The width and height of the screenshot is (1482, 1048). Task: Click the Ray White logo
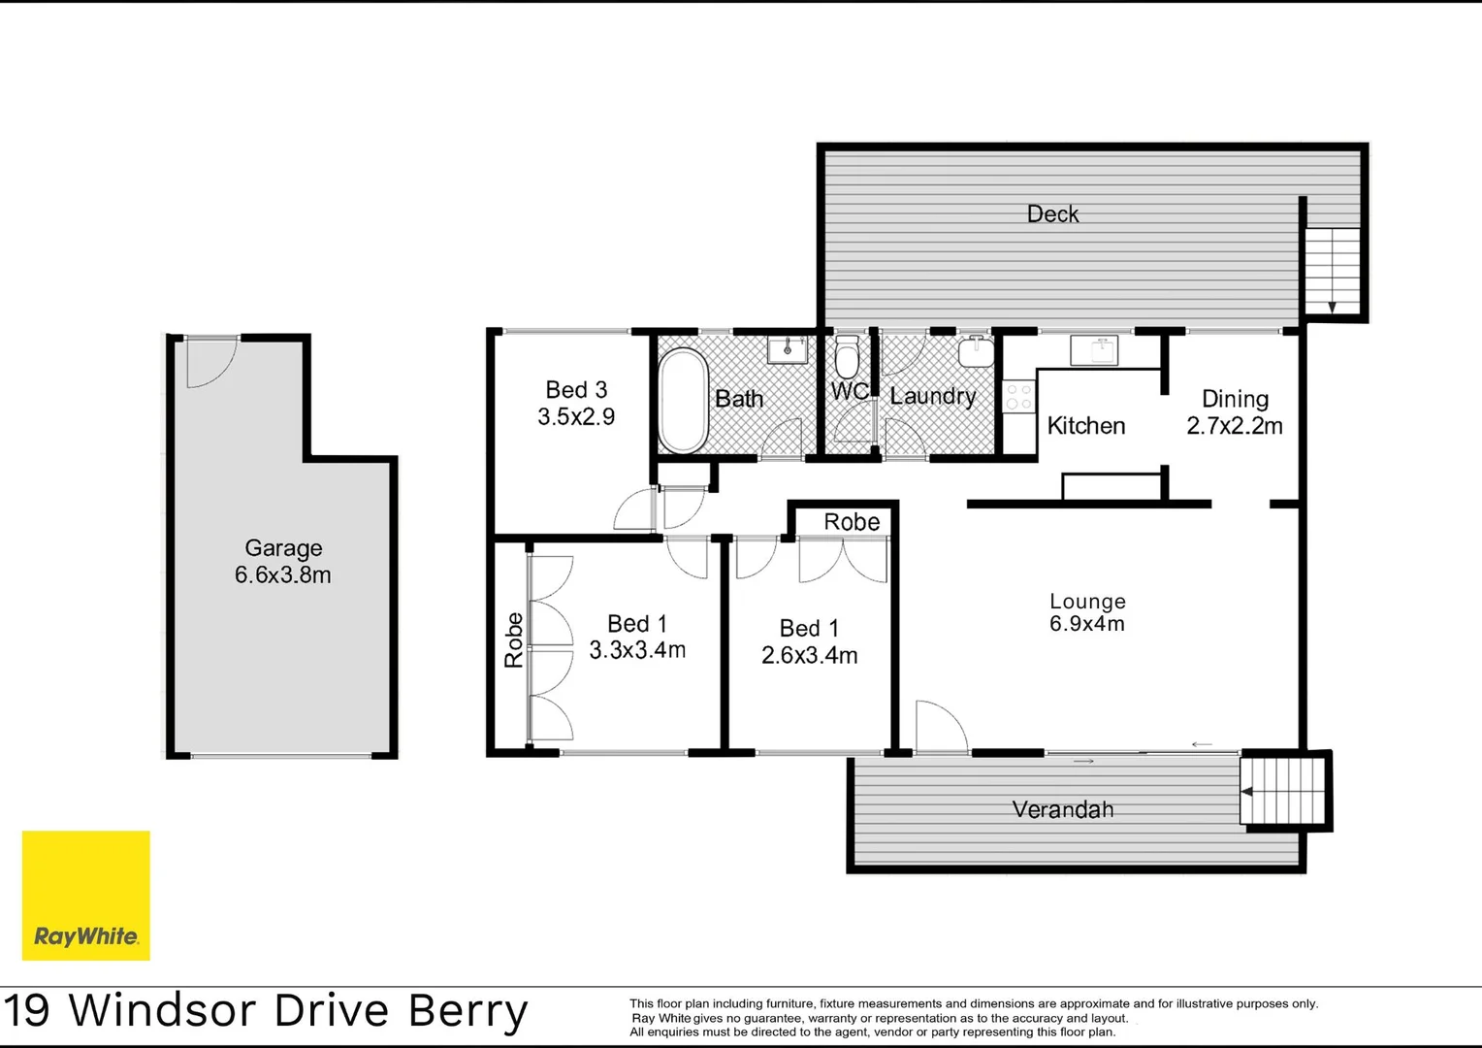(x=85, y=895)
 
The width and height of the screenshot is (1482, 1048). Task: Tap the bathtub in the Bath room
(x=683, y=401)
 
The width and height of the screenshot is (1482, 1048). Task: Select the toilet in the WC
(x=847, y=356)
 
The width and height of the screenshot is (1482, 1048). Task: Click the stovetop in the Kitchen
(x=1018, y=397)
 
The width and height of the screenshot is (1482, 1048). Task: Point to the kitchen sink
(x=1094, y=349)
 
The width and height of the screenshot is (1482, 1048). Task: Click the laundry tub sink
(x=976, y=351)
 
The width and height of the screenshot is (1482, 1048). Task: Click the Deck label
(x=1052, y=213)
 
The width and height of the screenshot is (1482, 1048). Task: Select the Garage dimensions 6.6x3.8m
(x=282, y=575)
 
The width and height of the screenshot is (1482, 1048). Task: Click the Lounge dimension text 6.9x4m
(x=1086, y=624)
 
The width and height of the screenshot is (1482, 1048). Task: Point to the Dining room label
(x=1235, y=399)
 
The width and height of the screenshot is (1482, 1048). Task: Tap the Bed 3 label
(x=576, y=390)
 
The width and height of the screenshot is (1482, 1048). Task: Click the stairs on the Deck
(x=1332, y=271)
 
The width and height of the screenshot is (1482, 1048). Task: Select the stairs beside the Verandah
(x=1282, y=791)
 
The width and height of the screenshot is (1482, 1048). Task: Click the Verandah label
(x=1062, y=809)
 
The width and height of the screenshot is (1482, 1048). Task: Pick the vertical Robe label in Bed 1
(x=513, y=639)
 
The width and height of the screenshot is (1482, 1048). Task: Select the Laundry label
(x=932, y=396)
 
